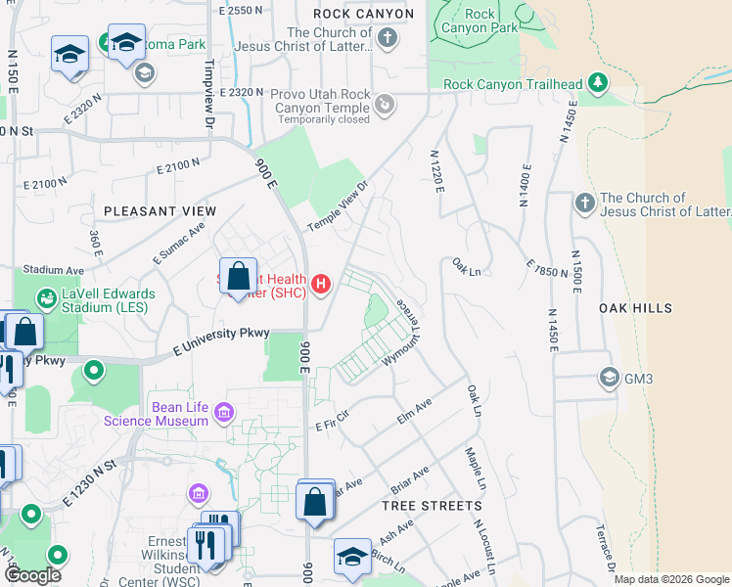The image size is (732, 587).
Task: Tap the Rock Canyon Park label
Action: pyautogui.click(x=480, y=21)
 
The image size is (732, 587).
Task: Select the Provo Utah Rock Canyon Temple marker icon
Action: pyautogui.click(x=386, y=101)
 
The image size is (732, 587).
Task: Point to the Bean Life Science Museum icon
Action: pyautogui.click(x=226, y=412)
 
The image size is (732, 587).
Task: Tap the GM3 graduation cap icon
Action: pyautogui.click(x=609, y=378)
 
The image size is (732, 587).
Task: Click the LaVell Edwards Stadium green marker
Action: pyautogui.click(x=46, y=296)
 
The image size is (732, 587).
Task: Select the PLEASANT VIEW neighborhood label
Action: pyautogui.click(x=160, y=211)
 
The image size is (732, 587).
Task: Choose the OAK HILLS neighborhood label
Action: pyautogui.click(x=636, y=308)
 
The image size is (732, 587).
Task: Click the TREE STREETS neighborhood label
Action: pyautogui.click(x=432, y=506)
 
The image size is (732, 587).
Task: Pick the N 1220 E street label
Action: pyautogui.click(x=436, y=170)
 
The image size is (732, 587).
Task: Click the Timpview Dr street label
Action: pyautogui.click(x=207, y=98)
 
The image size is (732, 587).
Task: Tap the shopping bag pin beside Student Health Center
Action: pyautogui.click(x=238, y=277)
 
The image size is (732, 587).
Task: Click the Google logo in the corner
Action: pyautogui.click(x=32, y=575)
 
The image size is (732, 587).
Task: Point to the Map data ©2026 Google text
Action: pyautogui.click(x=671, y=579)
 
